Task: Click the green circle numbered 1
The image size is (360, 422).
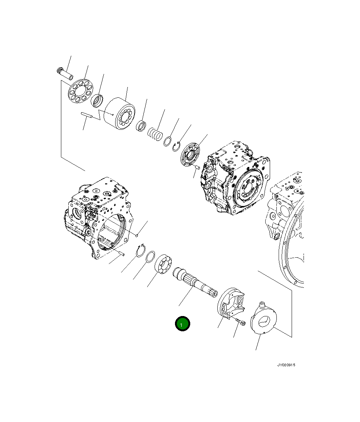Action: (182, 323)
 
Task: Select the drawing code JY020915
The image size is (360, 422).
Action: (286, 365)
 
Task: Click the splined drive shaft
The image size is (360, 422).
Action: (195, 282)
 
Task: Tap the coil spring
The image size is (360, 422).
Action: (155, 134)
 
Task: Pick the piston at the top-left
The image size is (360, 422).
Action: (65, 74)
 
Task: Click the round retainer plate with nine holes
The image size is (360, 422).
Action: (81, 91)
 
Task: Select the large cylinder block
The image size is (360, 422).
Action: (119, 113)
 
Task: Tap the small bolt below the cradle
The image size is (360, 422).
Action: (241, 322)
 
